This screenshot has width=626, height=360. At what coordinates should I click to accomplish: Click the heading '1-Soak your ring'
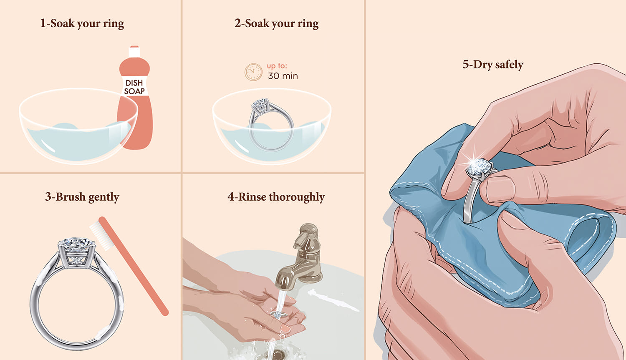click(82, 23)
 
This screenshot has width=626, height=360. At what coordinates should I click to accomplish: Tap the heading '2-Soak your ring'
click(276, 23)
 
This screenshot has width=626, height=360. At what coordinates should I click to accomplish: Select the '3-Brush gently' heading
click(82, 196)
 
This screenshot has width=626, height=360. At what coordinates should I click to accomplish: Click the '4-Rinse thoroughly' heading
click(276, 196)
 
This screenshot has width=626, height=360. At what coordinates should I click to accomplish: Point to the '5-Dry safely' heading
click(492, 65)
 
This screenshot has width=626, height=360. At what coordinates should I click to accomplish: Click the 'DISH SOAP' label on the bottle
click(134, 87)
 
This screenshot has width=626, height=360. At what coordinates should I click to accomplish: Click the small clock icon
click(253, 72)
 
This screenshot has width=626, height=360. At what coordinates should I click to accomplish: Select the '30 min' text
click(283, 76)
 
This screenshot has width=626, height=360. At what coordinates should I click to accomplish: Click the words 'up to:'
click(277, 66)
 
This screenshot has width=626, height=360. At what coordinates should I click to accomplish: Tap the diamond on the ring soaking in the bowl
click(260, 103)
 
